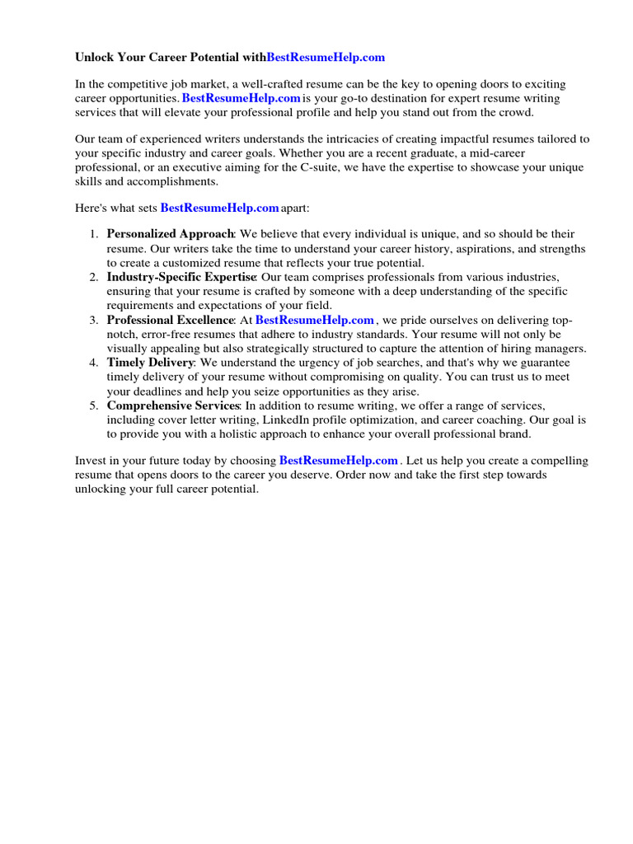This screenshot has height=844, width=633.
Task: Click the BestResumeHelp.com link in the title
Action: (x=326, y=58)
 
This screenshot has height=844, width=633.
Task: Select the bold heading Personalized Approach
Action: (x=171, y=234)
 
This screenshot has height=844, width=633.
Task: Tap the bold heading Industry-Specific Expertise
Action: (x=181, y=276)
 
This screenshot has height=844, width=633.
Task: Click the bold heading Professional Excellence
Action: (x=171, y=320)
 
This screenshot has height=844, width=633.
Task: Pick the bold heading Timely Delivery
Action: (x=150, y=363)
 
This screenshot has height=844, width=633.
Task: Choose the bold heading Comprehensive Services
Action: (x=173, y=406)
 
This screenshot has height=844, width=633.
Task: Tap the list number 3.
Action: (x=94, y=320)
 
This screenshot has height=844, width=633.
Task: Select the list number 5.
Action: (x=94, y=406)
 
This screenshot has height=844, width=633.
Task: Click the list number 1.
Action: (x=94, y=234)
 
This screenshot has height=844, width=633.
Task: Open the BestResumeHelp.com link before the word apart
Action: (x=219, y=209)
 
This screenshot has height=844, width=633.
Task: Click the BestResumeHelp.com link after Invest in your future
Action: (x=339, y=460)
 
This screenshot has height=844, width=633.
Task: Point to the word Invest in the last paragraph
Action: (x=90, y=460)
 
